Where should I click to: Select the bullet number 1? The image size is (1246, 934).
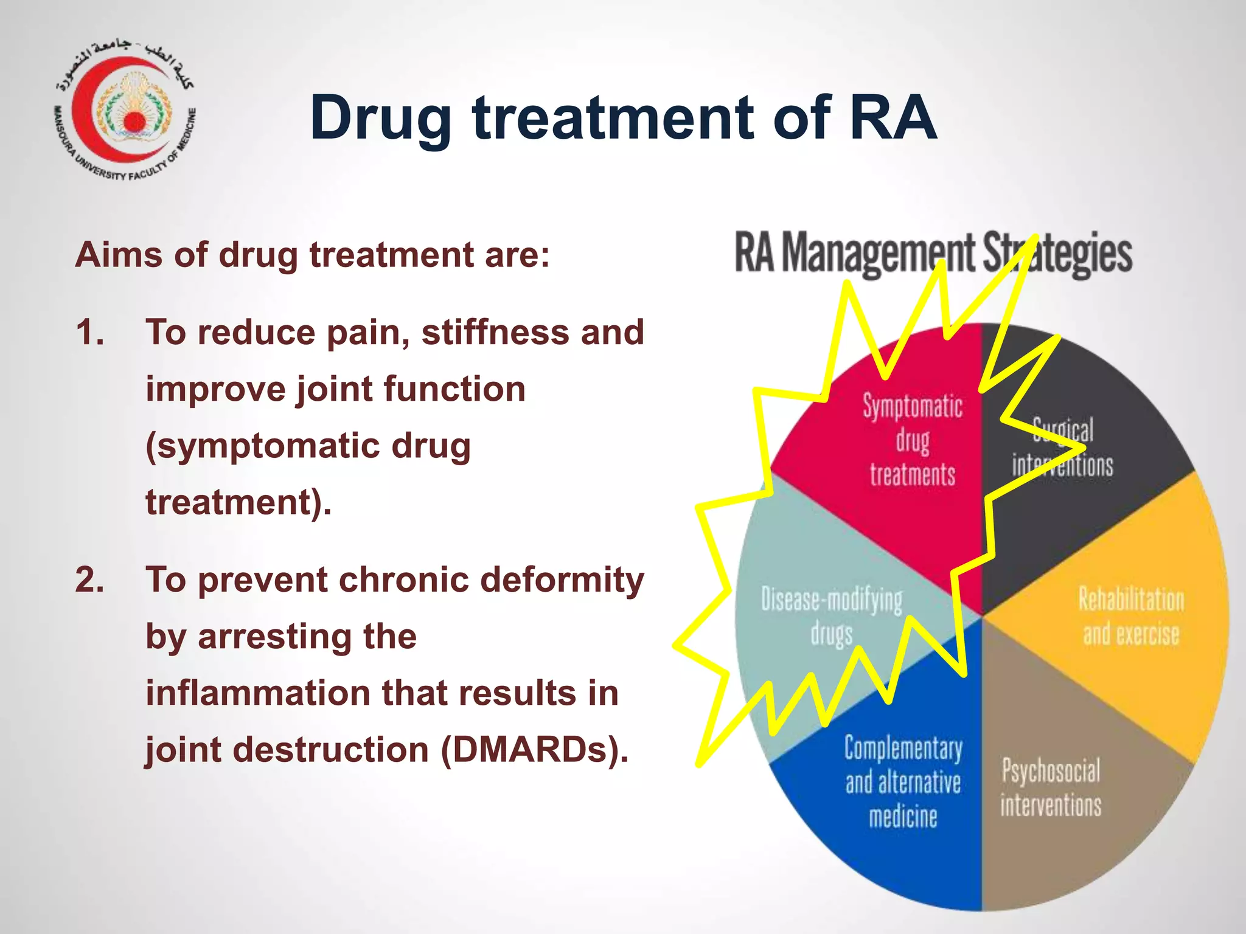pyautogui.click(x=90, y=333)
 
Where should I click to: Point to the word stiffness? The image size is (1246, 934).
pyautogui.click(x=495, y=333)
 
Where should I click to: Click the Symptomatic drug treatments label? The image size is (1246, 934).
pyautogui.click(x=913, y=440)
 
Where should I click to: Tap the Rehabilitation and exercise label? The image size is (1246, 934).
pyautogui.click(x=1131, y=616)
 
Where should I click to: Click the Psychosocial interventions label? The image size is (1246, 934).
pyautogui.click(x=1051, y=787)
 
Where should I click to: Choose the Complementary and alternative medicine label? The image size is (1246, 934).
pyautogui.click(x=903, y=782)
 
